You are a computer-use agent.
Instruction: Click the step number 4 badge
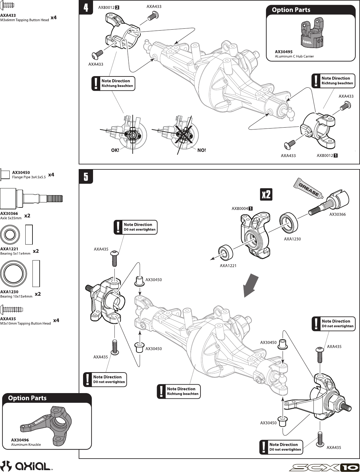(x=86, y=7)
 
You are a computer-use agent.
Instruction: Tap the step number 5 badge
(x=86, y=177)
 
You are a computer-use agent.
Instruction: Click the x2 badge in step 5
(x=266, y=195)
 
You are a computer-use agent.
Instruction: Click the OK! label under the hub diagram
(x=115, y=150)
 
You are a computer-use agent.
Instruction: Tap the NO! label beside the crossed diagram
(x=202, y=150)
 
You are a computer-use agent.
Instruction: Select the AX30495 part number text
(x=284, y=52)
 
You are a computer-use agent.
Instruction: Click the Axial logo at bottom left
(x=26, y=466)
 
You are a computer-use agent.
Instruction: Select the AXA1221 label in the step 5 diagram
(x=228, y=266)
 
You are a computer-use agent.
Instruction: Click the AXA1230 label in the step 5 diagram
(x=292, y=239)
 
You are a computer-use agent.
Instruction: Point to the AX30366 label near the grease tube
(x=338, y=215)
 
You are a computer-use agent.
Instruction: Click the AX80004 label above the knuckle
(x=240, y=209)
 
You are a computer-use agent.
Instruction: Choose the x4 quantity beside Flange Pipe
(x=51, y=175)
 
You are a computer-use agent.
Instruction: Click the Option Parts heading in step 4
(x=291, y=10)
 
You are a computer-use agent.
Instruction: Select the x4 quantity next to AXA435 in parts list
(x=56, y=320)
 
